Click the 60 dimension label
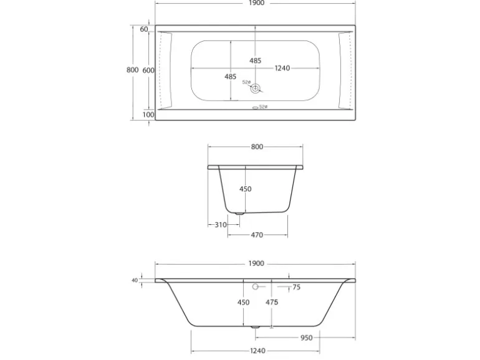144,29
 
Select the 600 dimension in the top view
148,70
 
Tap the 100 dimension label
148,115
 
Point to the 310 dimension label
221,225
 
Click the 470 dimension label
257,235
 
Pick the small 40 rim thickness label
135,280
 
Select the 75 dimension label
296,287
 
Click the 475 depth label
272,302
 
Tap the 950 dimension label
307,338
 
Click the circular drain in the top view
255,88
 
